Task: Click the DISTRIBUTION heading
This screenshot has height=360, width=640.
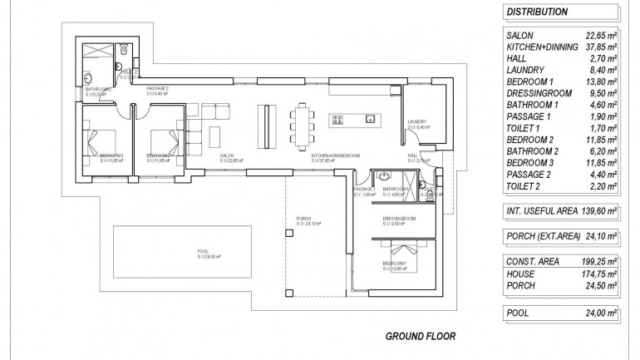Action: pyautogui.click(x=537, y=12)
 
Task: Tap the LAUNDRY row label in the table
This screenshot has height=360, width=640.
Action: pyautogui.click(x=524, y=71)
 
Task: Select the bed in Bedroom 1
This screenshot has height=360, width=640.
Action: pyautogui.click(x=402, y=252)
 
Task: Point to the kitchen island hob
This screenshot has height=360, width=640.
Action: pyautogui.click(x=339, y=121)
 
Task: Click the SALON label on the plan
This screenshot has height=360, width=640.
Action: pyautogui.click(x=225, y=156)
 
